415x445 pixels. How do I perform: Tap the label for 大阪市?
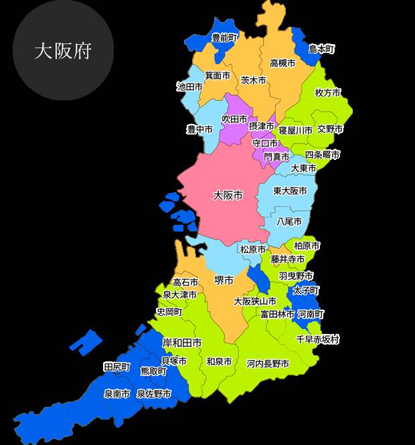228,195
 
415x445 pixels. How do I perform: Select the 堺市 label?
224,280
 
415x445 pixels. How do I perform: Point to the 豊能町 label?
224,38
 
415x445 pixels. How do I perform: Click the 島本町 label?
321,49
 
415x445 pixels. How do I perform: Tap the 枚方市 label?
328,92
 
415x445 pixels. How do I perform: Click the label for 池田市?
189,86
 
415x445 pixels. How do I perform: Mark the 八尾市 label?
289,221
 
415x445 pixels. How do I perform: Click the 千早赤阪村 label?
318,339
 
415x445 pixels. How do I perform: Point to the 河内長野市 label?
268,364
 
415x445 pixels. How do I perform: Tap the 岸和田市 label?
182,343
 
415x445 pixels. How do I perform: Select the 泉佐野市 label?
154,394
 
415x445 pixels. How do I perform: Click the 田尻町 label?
116,367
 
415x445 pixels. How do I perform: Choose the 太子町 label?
306,290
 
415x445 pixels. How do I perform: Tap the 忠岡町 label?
169,312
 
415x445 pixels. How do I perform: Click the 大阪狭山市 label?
255,301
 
